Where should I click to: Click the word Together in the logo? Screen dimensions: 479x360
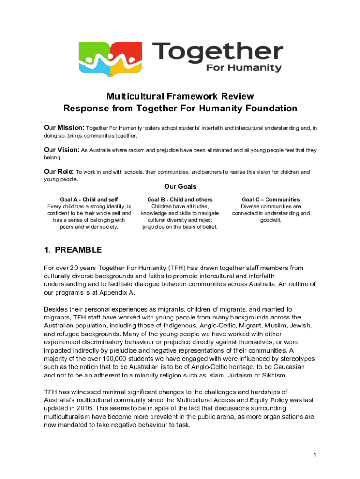[x=217, y=51]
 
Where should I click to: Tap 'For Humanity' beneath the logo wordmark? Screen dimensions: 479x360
[x=244, y=68]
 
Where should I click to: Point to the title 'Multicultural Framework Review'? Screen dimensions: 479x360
[x=180, y=96]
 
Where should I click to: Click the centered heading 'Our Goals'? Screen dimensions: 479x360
[x=180, y=187]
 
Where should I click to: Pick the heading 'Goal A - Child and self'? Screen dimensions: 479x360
[x=89, y=200]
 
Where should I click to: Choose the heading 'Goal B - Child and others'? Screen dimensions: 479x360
[x=180, y=200]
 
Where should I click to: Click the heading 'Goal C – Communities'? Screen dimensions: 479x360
[x=271, y=200]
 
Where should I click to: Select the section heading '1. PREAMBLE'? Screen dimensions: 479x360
[x=72, y=250]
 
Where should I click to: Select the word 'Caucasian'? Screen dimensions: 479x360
[x=288, y=367]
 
